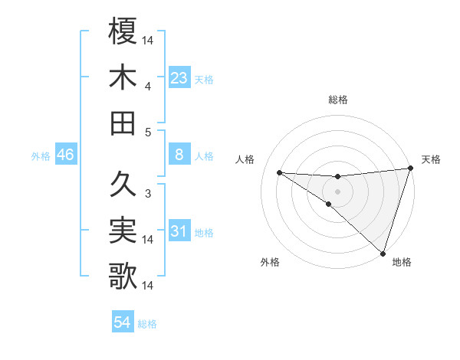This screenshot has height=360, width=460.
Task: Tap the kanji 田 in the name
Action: (x=123, y=123)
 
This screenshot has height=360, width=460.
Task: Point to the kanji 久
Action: (x=123, y=184)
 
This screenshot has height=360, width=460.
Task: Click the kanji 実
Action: (x=123, y=230)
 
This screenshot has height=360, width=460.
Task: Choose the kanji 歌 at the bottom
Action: (x=123, y=276)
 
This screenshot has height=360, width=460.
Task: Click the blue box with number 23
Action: (x=179, y=78)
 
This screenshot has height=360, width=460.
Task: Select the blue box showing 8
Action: (x=179, y=155)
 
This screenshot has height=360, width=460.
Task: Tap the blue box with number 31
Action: (x=179, y=232)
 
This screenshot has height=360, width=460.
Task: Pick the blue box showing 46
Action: (x=65, y=155)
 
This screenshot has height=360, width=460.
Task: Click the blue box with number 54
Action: (x=122, y=322)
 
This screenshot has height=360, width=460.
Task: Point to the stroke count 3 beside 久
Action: (x=148, y=194)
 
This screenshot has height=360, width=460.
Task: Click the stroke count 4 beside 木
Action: (x=148, y=86)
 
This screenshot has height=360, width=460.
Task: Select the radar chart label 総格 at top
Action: (x=338, y=100)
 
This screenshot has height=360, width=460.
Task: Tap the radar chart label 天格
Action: (x=431, y=159)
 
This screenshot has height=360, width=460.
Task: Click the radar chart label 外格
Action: (x=270, y=262)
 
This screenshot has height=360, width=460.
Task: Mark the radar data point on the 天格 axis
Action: (x=411, y=169)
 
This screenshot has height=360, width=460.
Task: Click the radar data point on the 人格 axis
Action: (x=279, y=172)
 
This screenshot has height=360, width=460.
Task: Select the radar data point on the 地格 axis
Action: (x=383, y=253)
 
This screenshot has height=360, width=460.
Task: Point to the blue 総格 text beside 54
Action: (x=147, y=323)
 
